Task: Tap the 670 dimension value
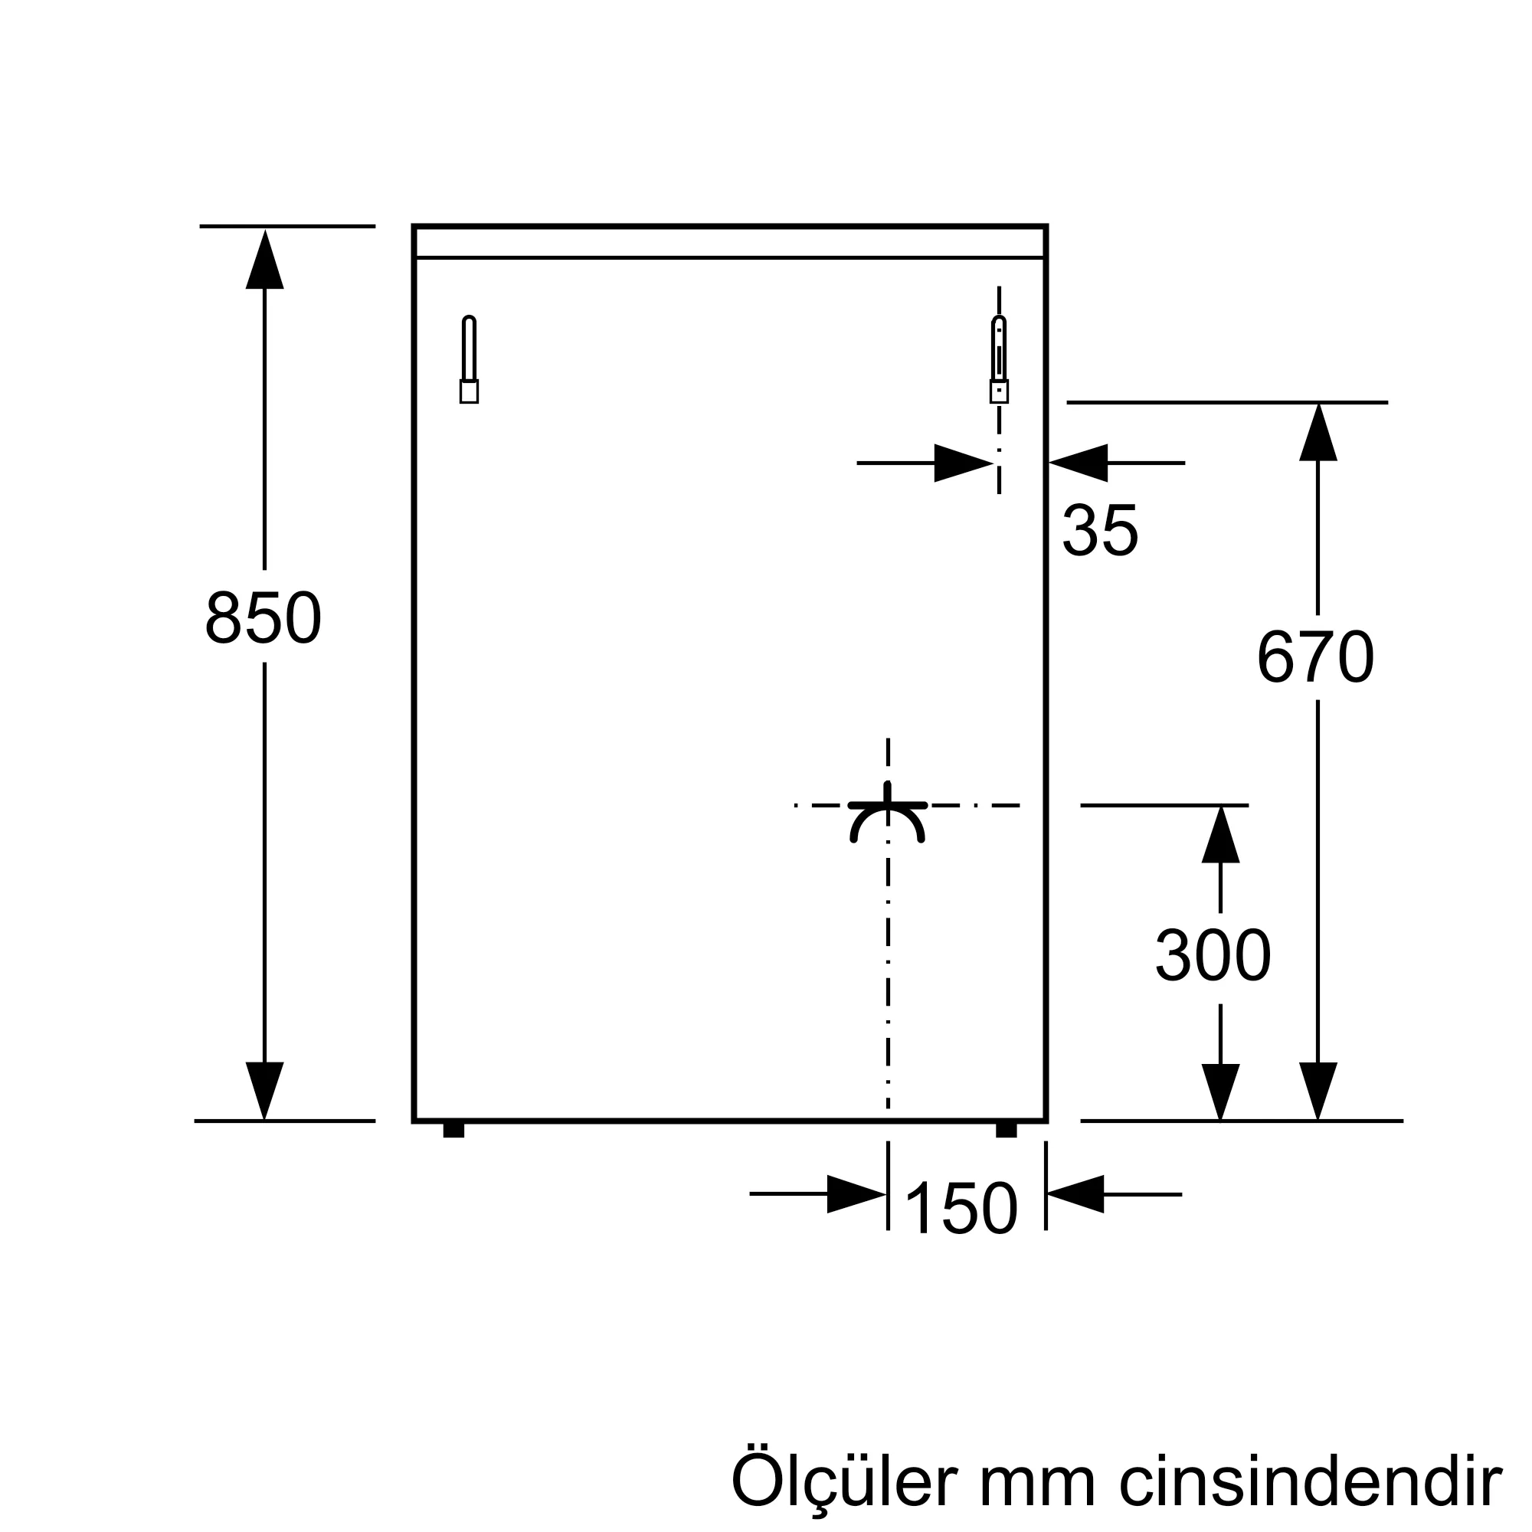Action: [1314, 656]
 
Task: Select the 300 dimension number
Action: [1213, 956]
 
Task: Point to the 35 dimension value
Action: [1100, 531]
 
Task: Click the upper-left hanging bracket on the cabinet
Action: [469, 360]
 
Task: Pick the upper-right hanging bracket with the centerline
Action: [998, 360]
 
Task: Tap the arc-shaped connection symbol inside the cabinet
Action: [887, 817]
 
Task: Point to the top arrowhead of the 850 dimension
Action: [264, 260]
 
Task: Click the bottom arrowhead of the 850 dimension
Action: [264, 1090]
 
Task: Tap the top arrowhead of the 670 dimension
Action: [1318, 433]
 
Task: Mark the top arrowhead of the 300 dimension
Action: [1220, 835]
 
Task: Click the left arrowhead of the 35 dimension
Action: [964, 463]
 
